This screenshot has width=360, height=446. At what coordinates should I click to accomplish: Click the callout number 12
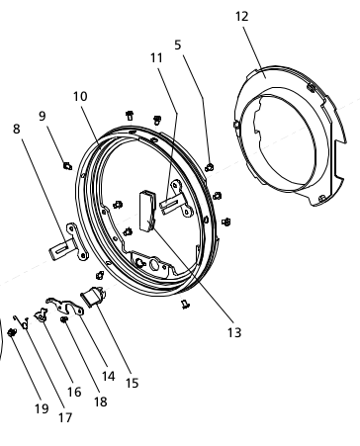pos(241,16)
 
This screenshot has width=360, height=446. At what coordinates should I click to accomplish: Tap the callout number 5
pos(178,45)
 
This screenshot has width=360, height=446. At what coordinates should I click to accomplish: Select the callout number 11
pos(156,57)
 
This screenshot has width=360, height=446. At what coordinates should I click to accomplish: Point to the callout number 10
pos(80,96)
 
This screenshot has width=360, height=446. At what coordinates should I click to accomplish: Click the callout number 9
pos(43,116)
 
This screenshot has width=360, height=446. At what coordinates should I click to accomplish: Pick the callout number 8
pos(17,129)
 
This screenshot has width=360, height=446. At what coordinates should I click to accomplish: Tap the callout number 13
pos(234,332)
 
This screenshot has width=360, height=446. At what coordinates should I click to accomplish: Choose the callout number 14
pos(108,376)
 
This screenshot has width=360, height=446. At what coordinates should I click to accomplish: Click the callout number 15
pos(132,383)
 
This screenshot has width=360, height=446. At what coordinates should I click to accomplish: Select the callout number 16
pos(74,392)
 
